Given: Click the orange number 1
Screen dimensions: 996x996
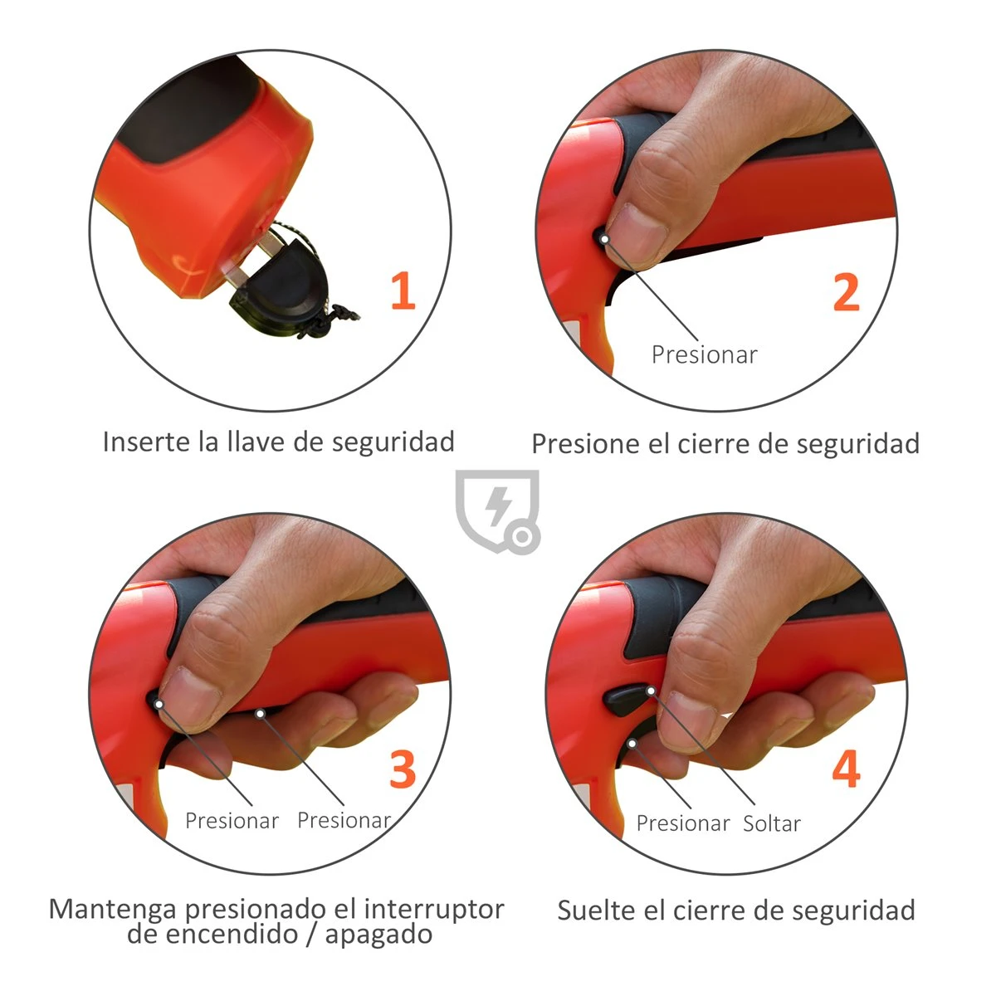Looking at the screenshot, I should [x=402, y=291].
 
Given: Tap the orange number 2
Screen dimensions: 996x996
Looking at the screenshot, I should [x=846, y=292].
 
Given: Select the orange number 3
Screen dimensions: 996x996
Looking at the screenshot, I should [x=403, y=769].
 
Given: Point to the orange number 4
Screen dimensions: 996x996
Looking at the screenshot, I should [x=846, y=769].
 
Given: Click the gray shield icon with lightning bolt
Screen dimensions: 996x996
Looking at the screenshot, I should [x=496, y=510].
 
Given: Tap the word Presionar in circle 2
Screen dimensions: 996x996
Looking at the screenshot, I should [x=704, y=355].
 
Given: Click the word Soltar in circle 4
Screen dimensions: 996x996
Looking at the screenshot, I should [x=772, y=824].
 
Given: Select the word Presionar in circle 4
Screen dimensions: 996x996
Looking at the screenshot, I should [x=682, y=823].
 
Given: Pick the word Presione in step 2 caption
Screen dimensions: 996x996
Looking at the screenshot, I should [x=586, y=443].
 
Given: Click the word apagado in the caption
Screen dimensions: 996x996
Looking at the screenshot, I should [x=378, y=935].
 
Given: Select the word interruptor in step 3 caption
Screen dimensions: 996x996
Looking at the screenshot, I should [x=434, y=908].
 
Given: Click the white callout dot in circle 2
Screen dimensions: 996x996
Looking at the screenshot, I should [x=605, y=239].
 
